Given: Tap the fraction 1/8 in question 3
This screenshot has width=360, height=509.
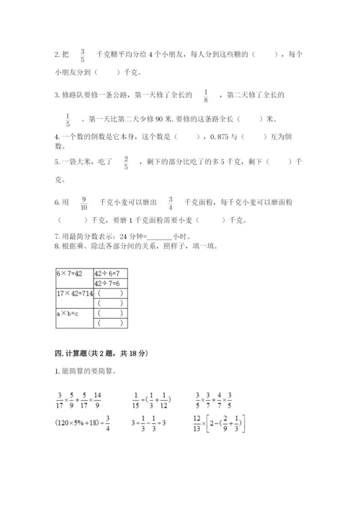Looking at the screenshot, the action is pyautogui.click(x=207, y=96).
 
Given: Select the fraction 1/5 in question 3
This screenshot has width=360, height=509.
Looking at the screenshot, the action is pyautogui.click(x=68, y=118).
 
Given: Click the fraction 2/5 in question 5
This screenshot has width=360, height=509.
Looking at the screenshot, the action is pyautogui.click(x=126, y=162).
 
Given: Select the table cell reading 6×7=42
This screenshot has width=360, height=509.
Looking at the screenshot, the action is pyautogui.click(x=71, y=274).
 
